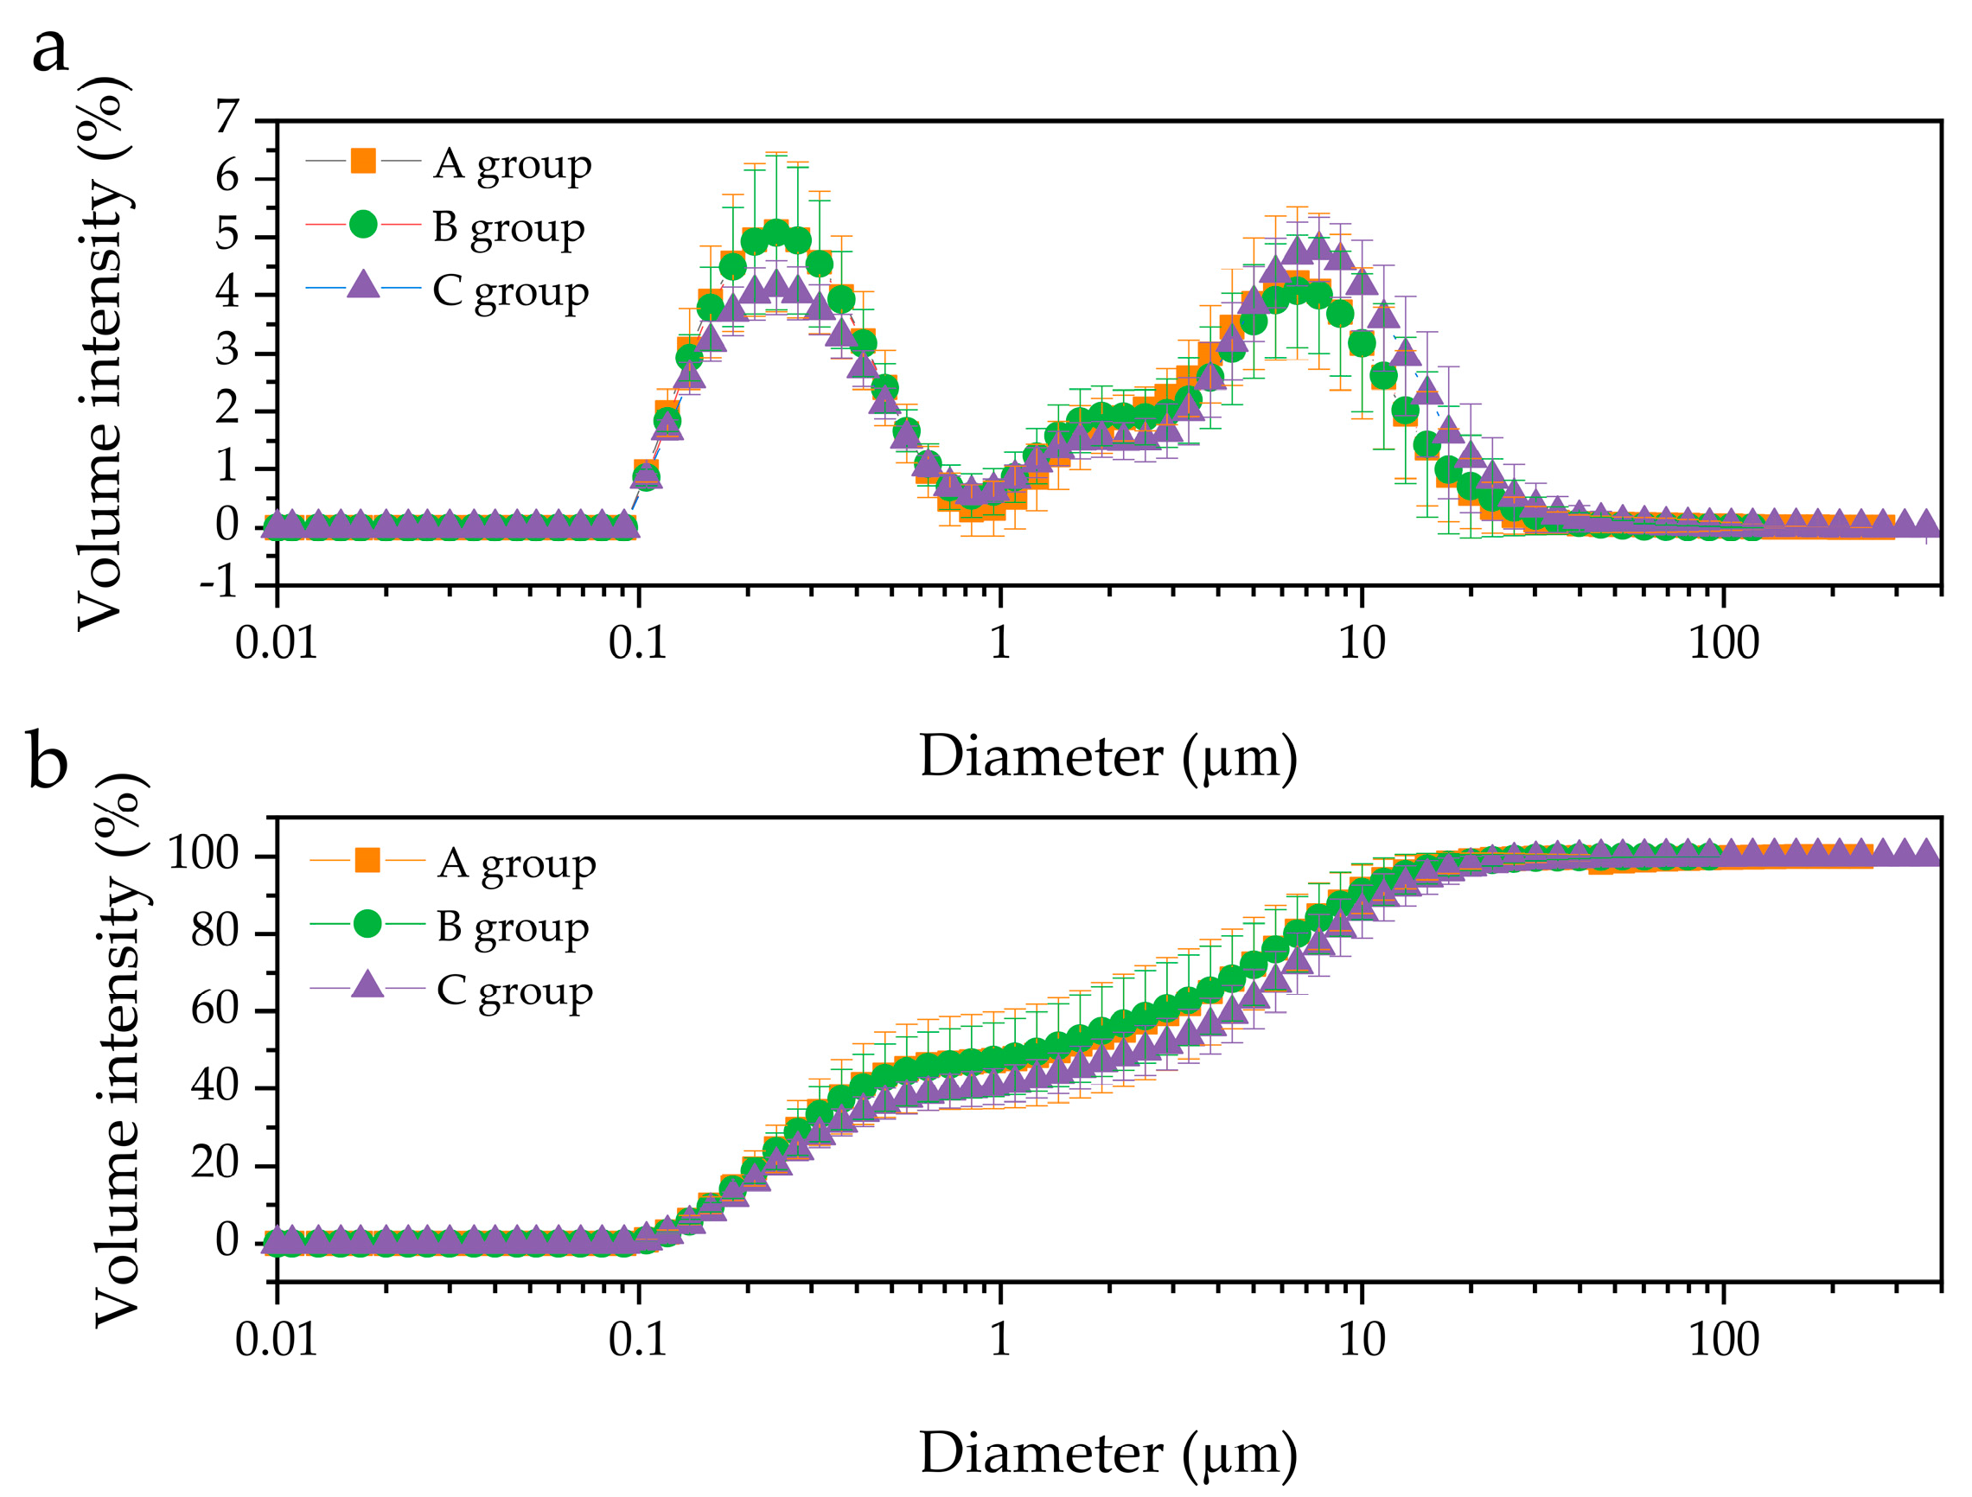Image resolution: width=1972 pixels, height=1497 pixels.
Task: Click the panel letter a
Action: coord(50,51)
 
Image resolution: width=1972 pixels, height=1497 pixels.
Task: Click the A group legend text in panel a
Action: coord(513,166)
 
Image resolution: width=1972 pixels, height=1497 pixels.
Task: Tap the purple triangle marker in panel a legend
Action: coord(363,285)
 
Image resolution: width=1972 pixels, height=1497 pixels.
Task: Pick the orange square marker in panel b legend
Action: coord(367,860)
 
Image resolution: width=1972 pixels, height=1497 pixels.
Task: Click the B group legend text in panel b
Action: coord(513,928)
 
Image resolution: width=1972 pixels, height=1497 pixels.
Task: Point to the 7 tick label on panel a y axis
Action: coord(228,117)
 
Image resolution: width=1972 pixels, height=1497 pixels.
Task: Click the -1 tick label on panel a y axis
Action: coord(220,584)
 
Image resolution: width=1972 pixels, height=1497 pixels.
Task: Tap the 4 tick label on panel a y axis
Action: coord(228,292)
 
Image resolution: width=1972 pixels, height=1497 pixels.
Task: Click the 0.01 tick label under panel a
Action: coord(277,643)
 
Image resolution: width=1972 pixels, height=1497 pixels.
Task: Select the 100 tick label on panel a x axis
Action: coord(1723,643)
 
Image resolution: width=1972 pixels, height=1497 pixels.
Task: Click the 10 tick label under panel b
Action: coord(1362,1340)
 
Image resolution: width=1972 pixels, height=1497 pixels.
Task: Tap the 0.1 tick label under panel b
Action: coord(638,1340)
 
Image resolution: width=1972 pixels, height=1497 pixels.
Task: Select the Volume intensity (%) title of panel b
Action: coord(118,1048)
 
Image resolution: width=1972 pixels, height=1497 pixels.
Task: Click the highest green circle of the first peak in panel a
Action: coord(776,234)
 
